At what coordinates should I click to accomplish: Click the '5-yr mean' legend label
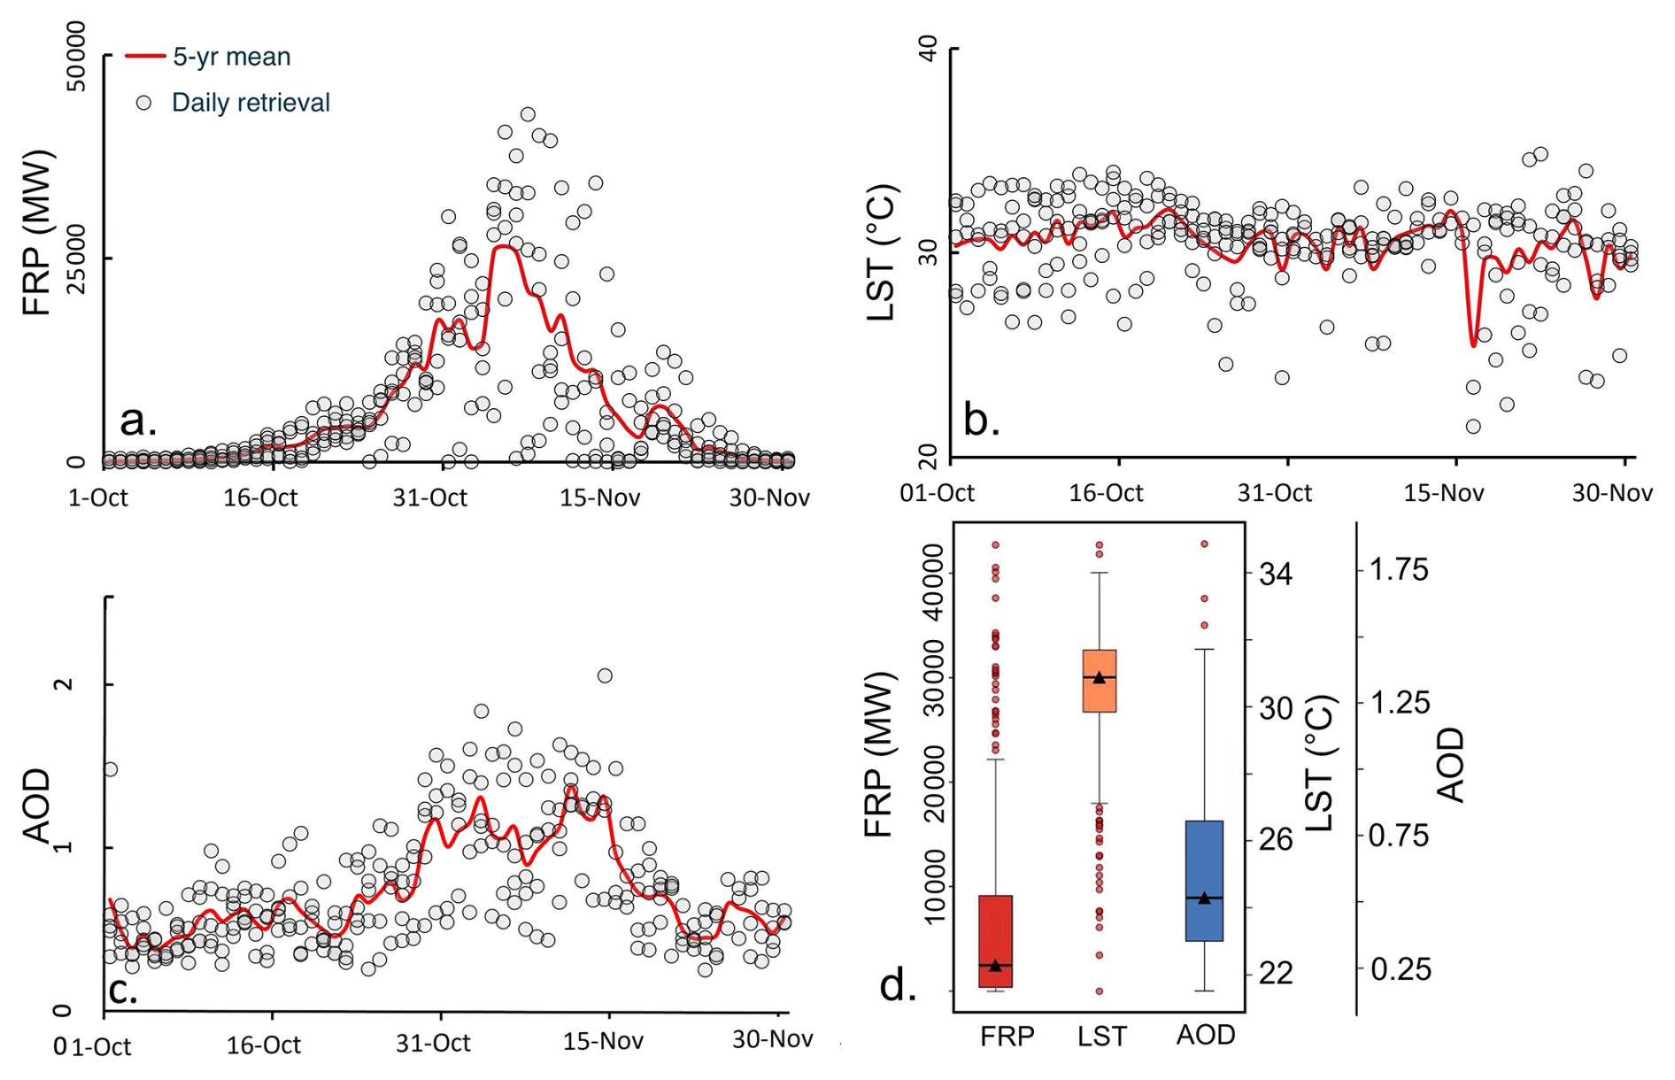[231, 57]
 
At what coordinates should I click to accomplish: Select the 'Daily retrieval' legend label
[251, 103]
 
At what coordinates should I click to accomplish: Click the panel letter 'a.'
[138, 420]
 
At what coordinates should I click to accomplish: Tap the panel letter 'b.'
[981, 420]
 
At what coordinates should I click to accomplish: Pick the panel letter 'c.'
[122, 990]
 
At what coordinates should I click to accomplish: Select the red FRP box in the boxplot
[996, 941]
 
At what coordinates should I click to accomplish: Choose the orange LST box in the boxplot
[1100, 681]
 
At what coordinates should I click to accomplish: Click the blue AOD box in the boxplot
[1204, 881]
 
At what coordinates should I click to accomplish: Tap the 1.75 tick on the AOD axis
[1399, 570]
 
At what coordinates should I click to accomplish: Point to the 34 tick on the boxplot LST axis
[1275, 575]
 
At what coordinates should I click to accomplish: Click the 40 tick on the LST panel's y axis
[929, 49]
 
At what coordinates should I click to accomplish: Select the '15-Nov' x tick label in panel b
[1443, 493]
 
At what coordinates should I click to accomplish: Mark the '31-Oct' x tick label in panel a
[430, 498]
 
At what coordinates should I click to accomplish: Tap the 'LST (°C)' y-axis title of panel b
[883, 252]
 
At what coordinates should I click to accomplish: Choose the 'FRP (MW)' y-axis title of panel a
[38, 233]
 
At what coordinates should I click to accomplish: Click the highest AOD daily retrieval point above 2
[605, 675]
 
